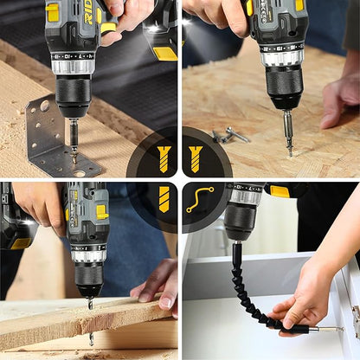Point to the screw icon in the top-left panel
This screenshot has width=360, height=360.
point(164,157)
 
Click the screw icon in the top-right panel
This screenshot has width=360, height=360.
point(196,157)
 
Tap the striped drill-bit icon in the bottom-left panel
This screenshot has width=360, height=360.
point(164,199)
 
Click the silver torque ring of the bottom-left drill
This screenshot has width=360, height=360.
point(88,254)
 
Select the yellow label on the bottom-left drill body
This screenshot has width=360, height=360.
point(101,211)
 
